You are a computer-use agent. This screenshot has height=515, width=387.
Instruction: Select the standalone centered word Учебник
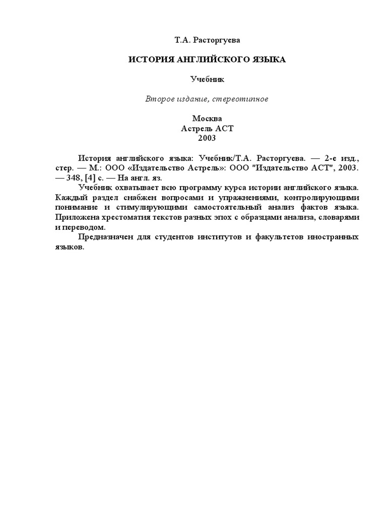click(x=207, y=79)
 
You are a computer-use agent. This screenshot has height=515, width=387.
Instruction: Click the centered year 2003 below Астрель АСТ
click(x=207, y=138)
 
